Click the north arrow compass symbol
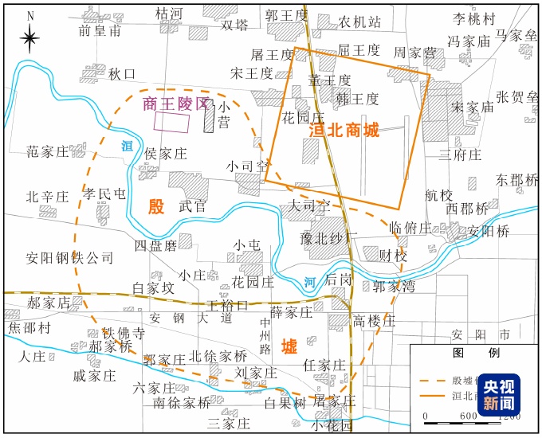29,37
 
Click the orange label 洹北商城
344,130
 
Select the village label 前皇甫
100,30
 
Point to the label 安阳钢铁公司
69,258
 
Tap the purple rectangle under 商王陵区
171,122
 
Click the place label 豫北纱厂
329,237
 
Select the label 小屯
247,244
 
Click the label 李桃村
474,19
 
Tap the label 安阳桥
489,232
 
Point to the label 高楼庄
374,320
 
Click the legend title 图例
471,352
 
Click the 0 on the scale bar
426,416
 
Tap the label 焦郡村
29,327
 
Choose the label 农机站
359,21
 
